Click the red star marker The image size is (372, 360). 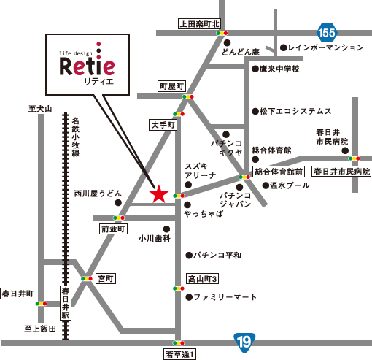[158, 194]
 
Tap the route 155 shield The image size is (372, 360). [328, 32]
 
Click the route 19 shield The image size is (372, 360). [244, 340]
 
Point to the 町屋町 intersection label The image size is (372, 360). [174, 86]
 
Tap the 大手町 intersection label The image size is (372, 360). [163, 126]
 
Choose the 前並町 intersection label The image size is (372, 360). [114, 229]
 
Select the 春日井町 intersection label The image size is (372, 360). [18, 294]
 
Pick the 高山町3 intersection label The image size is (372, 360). [204, 279]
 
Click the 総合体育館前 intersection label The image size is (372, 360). [278, 172]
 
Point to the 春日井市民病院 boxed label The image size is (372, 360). [341, 172]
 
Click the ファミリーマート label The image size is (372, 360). [225, 297]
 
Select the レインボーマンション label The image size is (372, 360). [325, 47]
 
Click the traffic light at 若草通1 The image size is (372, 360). [178, 342]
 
